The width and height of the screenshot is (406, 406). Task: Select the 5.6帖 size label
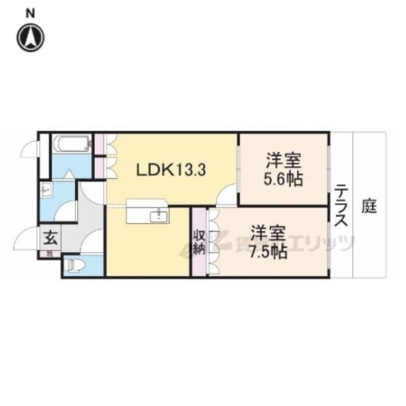(x=284, y=180)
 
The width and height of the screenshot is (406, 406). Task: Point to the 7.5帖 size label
(x=269, y=250)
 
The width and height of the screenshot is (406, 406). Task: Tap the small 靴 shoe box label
(x=50, y=254)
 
